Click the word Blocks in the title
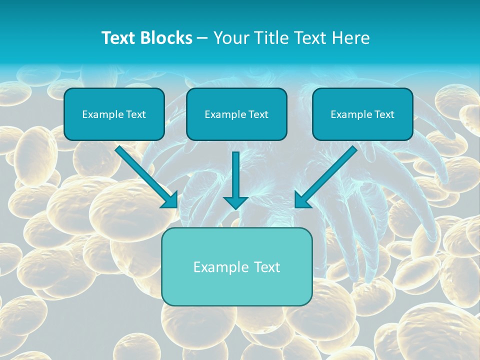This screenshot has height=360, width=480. pyautogui.click(x=167, y=38)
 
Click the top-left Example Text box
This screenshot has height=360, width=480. pyautogui.click(x=114, y=114)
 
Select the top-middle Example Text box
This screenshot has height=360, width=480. pyautogui.click(x=236, y=114)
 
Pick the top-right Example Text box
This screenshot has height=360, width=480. pyautogui.click(x=362, y=114)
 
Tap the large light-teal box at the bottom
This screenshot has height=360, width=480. pyautogui.click(x=236, y=266)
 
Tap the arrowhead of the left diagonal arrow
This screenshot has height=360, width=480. pyautogui.click(x=170, y=200)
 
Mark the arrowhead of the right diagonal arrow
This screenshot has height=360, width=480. pyautogui.click(x=301, y=200)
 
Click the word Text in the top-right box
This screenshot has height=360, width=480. pyautogui.click(x=384, y=114)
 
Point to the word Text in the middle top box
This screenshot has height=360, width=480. pyautogui.click(x=258, y=114)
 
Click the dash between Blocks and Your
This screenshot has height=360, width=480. pyautogui.click(x=202, y=38)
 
